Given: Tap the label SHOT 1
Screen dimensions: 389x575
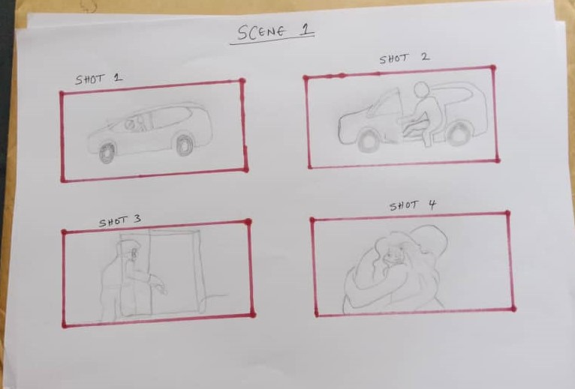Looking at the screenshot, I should [98, 78].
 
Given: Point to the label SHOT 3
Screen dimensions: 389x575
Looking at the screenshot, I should [120, 221].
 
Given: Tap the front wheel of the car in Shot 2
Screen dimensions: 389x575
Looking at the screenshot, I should [368, 139].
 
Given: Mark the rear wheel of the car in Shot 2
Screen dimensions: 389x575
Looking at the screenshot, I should [458, 136].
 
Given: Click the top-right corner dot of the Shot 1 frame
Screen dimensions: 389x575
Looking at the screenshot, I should [242, 81].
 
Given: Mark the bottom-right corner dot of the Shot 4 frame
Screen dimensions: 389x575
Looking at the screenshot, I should [513, 307].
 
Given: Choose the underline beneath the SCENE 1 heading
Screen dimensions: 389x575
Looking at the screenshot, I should [273, 43].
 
